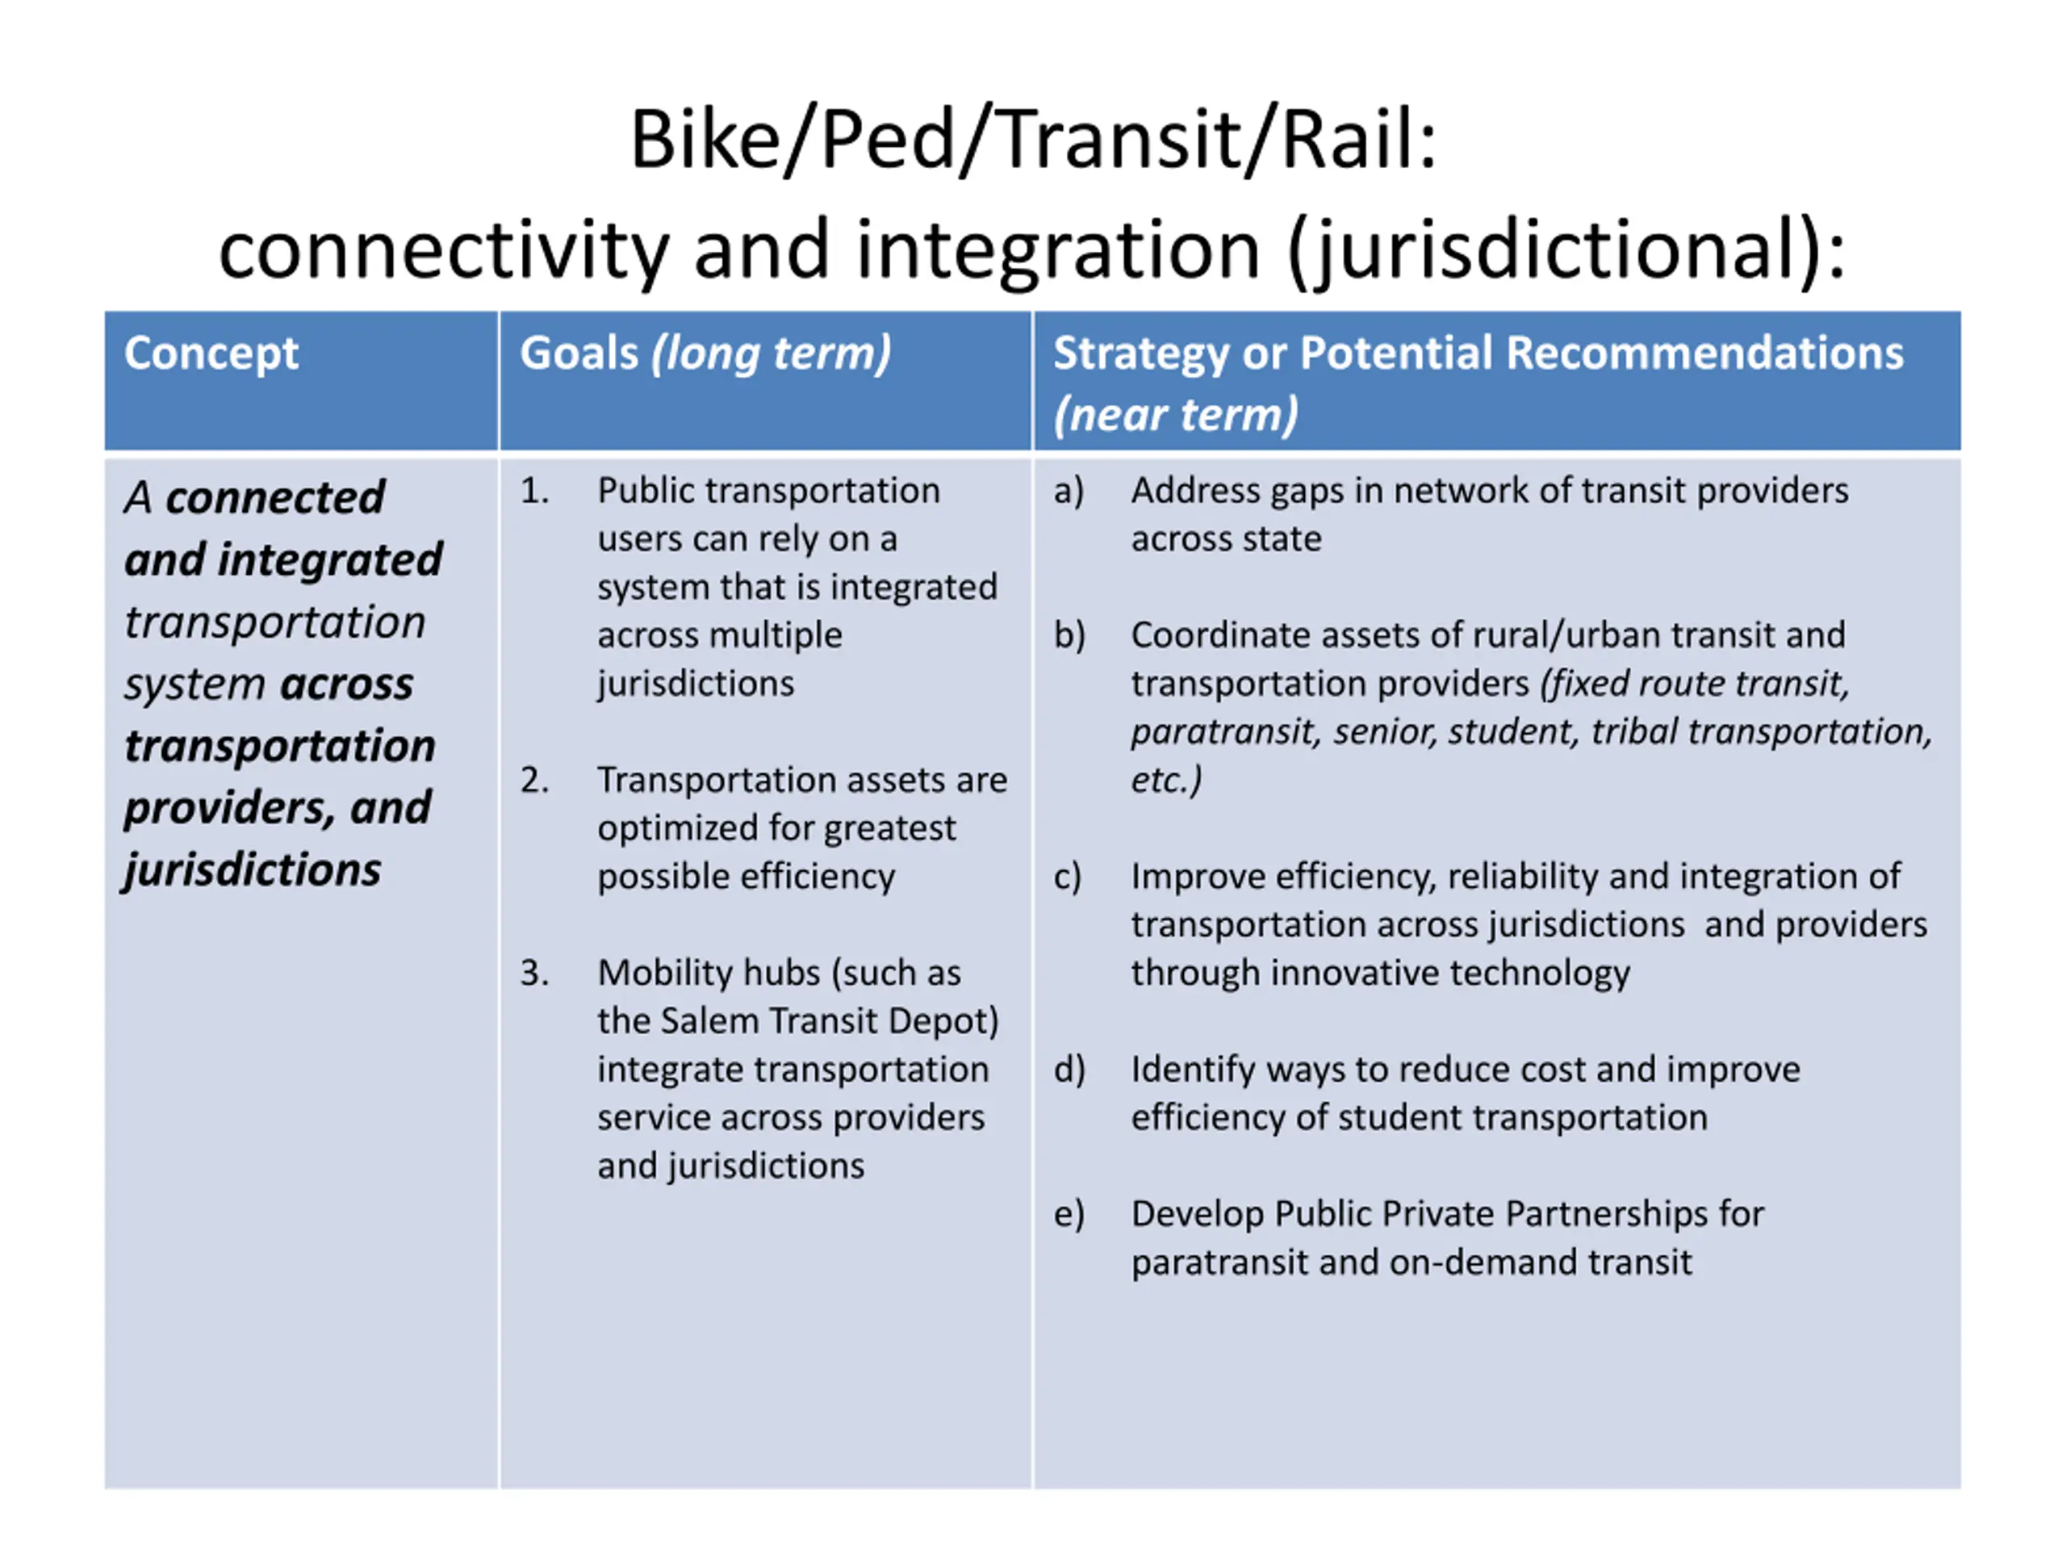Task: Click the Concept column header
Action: (211, 353)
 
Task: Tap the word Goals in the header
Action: (578, 353)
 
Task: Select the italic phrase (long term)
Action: (772, 353)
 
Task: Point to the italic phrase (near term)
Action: (1175, 414)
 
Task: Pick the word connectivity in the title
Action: (444, 249)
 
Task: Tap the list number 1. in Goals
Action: (534, 491)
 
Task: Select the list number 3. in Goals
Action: (534, 973)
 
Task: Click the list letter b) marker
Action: (1069, 635)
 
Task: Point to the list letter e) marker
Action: (1069, 1213)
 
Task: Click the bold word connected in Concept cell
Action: (274, 497)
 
